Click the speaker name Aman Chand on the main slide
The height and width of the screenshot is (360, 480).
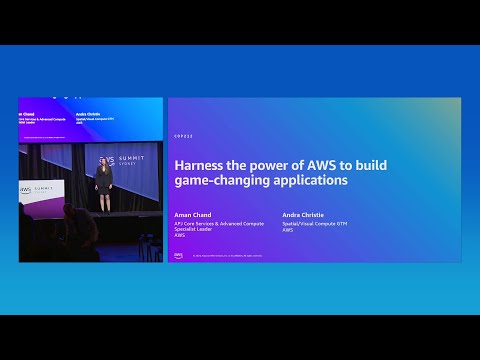pyautogui.click(x=190, y=215)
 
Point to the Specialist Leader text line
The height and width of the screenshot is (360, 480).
pyautogui.click(x=197, y=229)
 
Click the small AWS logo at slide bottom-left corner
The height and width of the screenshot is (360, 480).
pyautogui.click(x=179, y=254)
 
